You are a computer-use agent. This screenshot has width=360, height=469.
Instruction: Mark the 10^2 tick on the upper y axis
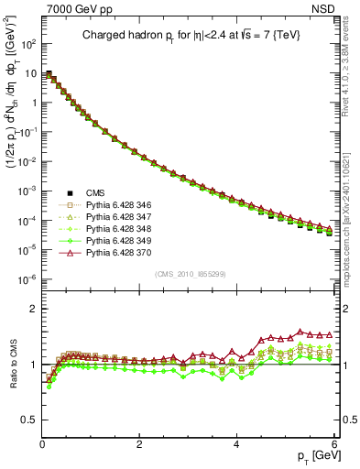(x=29, y=43)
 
